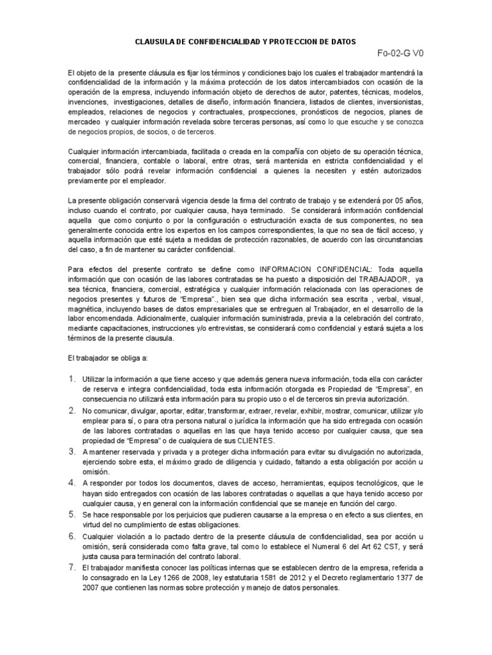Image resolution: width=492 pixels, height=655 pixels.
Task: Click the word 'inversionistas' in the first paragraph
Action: click(397, 102)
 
